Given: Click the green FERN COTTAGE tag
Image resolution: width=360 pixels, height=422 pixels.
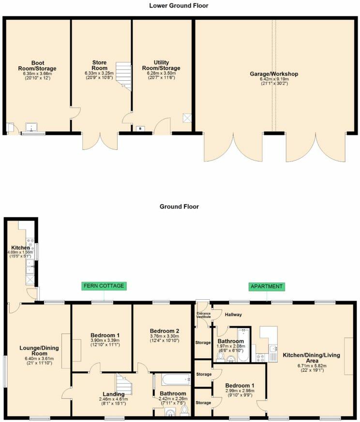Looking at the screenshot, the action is (x=104, y=286).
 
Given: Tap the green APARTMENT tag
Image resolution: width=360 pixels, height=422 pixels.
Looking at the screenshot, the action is (x=267, y=286).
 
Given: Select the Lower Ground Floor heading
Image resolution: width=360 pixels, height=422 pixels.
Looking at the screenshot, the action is (x=179, y=6).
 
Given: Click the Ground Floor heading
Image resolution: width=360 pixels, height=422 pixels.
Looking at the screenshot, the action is (x=179, y=206).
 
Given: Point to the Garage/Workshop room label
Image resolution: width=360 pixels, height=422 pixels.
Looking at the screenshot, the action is (x=274, y=74).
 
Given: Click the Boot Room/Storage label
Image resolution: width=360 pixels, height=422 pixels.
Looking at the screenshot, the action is (x=37, y=66).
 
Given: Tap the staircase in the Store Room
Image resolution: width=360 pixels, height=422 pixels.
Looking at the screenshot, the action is (x=124, y=77).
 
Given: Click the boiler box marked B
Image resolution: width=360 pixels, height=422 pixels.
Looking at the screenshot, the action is (x=140, y=129).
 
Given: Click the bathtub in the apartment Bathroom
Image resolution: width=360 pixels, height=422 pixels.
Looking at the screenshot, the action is (x=243, y=345).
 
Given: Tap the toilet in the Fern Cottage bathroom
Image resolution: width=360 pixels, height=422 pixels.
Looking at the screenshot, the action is (x=184, y=411).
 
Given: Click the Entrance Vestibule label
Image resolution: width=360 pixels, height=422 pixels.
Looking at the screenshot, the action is (x=203, y=315).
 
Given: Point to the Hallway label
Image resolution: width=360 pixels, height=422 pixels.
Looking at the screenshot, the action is (x=233, y=314).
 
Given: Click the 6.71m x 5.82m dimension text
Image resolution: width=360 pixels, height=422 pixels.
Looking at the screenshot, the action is (x=312, y=366).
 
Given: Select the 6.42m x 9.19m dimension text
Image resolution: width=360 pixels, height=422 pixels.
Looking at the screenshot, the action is (x=274, y=79).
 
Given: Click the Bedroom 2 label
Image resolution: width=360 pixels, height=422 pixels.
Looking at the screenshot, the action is (x=165, y=331).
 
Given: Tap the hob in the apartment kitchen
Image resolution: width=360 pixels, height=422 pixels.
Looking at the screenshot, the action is (x=260, y=358).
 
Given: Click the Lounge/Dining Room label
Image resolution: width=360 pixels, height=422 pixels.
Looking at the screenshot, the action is (x=39, y=350).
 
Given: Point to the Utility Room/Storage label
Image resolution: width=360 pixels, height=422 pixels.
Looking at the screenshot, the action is (x=161, y=65).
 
